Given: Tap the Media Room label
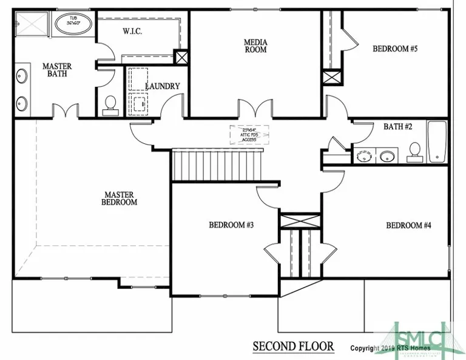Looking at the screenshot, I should pyautogui.click(x=255, y=46).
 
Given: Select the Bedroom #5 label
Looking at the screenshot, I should pyautogui.click(x=395, y=49).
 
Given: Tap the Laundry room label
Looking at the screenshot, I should pyautogui.click(x=162, y=86).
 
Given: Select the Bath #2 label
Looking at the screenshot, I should pyautogui.click(x=398, y=127).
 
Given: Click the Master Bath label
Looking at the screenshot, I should pyautogui.click(x=57, y=70).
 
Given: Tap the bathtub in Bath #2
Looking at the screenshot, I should pyautogui.click(x=437, y=142).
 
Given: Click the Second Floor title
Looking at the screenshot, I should pyautogui.click(x=293, y=346).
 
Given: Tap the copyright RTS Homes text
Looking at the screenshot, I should pyautogui.click(x=390, y=348).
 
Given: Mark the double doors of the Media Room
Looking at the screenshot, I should pyautogui.click(x=252, y=109).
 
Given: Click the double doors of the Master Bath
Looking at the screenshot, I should pyautogui.click(x=65, y=112).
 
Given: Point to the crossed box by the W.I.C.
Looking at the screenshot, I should pyautogui.click(x=181, y=58).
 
